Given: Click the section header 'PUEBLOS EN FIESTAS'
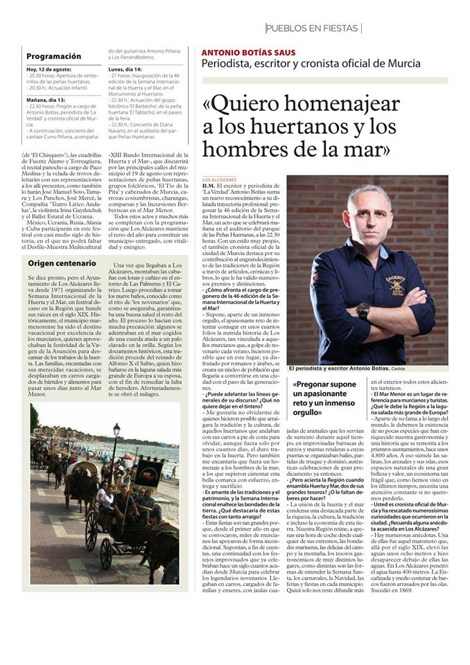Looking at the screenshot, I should tap(313, 28).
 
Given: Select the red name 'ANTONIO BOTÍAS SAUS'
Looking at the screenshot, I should tap(248, 53).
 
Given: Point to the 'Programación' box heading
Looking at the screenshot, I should tap(53, 56).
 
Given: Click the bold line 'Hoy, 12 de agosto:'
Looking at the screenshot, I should tap(50, 70).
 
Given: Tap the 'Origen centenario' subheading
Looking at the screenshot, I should tap(62, 263).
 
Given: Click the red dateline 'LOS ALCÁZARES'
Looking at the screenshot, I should tap(219, 179).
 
